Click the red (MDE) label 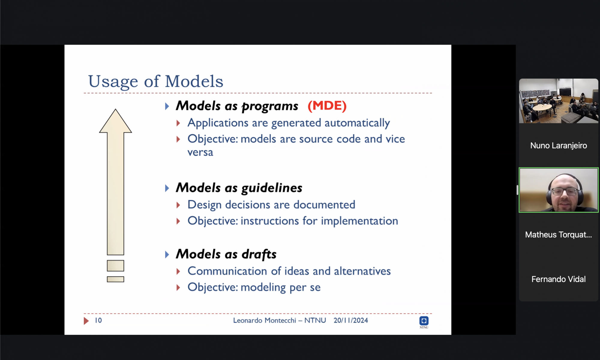coord(327,106)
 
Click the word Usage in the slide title coord(113,82)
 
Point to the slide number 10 coord(98,320)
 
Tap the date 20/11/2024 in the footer coord(351,320)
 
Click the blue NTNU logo coord(424,321)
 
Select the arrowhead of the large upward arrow coord(115,121)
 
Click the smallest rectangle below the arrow coord(115,279)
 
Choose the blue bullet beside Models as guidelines coord(167,188)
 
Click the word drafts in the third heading coord(259,254)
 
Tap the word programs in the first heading coord(270,106)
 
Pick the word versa coord(200,152)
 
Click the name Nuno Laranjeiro coord(559,145)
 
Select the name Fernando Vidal coord(559,279)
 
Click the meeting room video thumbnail coord(559,101)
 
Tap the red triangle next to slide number coord(86,321)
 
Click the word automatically coord(357,123)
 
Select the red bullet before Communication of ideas coord(178,271)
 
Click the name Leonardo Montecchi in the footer coord(264,320)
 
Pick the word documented coord(324,205)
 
